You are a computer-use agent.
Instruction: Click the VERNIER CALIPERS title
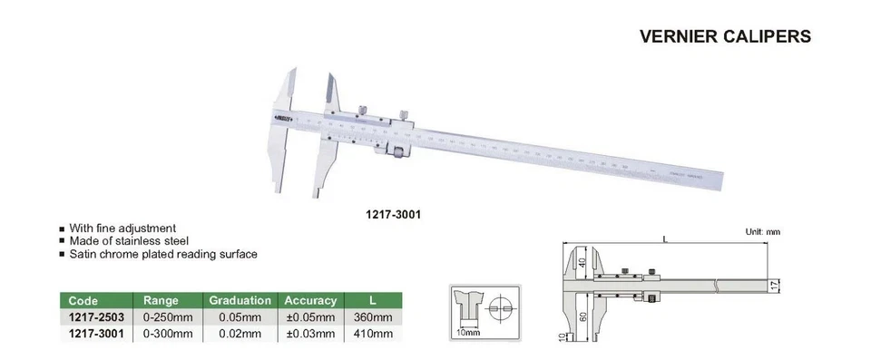pos(718,37)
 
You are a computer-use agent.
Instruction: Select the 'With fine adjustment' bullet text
pos(128,229)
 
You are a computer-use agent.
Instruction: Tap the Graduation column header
pos(240,300)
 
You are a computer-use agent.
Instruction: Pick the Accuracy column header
pos(310,300)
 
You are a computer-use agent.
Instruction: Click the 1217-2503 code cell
pos(96,316)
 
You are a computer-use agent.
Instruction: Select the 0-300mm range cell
pos(168,333)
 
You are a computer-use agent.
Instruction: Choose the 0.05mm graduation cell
pos(240,316)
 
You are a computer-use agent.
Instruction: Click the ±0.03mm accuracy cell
pos(310,333)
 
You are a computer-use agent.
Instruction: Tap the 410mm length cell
pos(372,333)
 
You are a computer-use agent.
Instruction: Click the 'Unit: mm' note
pos(762,233)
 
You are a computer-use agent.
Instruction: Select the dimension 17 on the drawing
pos(773,286)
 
